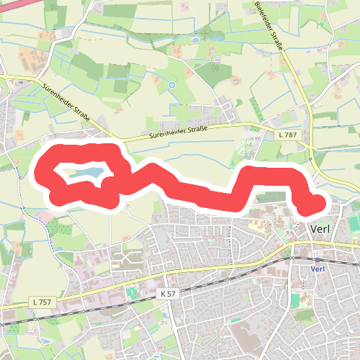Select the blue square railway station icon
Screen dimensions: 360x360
click(x=318, y=259)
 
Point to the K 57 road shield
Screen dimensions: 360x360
click(x=168, y=294)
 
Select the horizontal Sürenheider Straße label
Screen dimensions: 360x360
click(x=179, y=132)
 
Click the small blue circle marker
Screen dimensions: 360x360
click(x=171, y=85)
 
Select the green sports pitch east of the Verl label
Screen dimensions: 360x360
click(x=354, y=225)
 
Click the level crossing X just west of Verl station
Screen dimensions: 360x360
click(x=291, y=256)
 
